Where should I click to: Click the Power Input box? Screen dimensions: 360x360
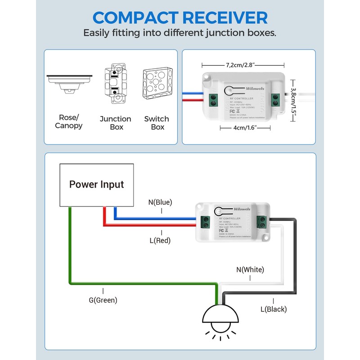(x=97, y=184)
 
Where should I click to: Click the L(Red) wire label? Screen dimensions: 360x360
(x=160, y=240)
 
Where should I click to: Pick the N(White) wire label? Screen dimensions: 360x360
(x=250, y=270)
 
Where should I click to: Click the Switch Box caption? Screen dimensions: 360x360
(x=157, y=123)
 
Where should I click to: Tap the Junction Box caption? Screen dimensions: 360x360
(x=115, y=123)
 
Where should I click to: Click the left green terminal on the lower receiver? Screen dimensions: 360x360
(x=206, y=221)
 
